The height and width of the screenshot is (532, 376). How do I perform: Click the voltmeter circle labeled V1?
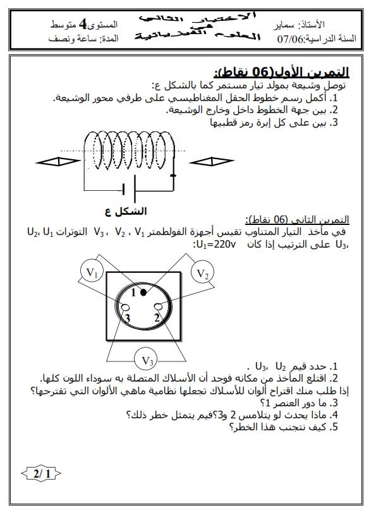[92, 273]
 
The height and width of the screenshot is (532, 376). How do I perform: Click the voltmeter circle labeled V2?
[202, 274]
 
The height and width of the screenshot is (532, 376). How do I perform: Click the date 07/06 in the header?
[291, 39]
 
